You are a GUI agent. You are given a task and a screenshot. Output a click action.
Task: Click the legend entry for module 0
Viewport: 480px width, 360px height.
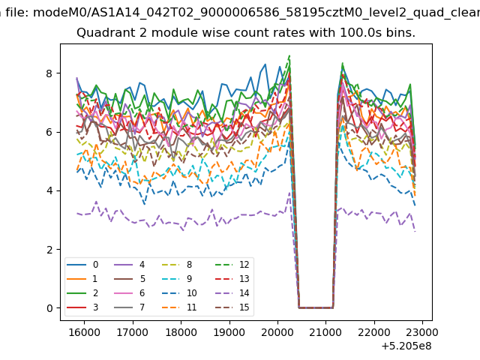click(x=82, y=265)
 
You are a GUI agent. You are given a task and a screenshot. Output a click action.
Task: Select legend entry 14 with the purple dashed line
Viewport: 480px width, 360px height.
click(x=227, y=293)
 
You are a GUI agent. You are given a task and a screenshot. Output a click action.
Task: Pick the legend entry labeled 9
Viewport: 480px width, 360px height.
click(x=177, y=279)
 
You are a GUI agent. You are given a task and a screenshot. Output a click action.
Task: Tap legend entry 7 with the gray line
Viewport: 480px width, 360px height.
click(x=129, y=307)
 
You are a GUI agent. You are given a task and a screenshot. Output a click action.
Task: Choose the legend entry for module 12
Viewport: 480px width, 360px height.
click(x=227, y=265)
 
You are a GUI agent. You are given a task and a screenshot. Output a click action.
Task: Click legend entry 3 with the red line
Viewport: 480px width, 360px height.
click(x=82, y=307)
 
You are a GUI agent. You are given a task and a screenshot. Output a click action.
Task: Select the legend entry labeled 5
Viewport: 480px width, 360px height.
click(x=129, y=279)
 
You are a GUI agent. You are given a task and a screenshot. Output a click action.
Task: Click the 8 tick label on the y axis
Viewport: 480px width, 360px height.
click(x=49, y=73)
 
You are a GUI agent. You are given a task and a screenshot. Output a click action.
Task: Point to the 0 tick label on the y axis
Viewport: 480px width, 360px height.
click(x=49, y=308)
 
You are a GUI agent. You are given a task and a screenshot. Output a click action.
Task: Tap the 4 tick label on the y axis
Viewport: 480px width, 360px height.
click(x=49, y=190)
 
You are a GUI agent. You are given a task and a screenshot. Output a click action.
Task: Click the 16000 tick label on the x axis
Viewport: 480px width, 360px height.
click(x=84, y=332)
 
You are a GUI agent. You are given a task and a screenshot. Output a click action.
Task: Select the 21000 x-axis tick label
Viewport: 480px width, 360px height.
click(x=325, y=332)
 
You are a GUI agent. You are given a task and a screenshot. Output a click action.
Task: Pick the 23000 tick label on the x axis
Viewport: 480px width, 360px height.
click(x=422, y=332)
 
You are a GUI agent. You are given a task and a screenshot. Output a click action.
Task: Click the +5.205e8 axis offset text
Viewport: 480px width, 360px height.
click(x=406, y=346)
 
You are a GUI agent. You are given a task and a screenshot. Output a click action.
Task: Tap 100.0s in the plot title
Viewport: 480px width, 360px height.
click(x=361, y=32)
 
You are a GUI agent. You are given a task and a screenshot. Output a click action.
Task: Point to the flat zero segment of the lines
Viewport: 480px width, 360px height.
click(x=316, y=307)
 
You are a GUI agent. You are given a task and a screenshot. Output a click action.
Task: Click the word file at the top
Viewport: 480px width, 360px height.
click(x=17, y=13)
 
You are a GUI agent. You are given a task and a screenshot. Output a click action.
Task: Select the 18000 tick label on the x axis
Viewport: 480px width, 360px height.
click(x=181, y=332)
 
